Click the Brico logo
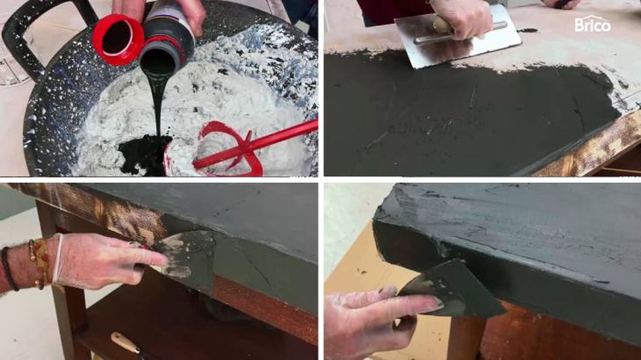point(592,25)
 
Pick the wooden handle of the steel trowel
point(442,25)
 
